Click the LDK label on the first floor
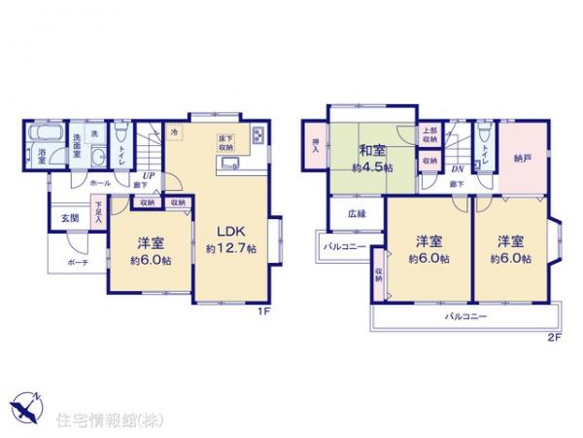point(230,231)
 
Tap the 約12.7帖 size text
point(230,249)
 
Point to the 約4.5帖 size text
point(372,168)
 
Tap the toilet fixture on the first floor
point(120,135)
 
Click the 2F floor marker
point(553,337)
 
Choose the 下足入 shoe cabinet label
point(98,211)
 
